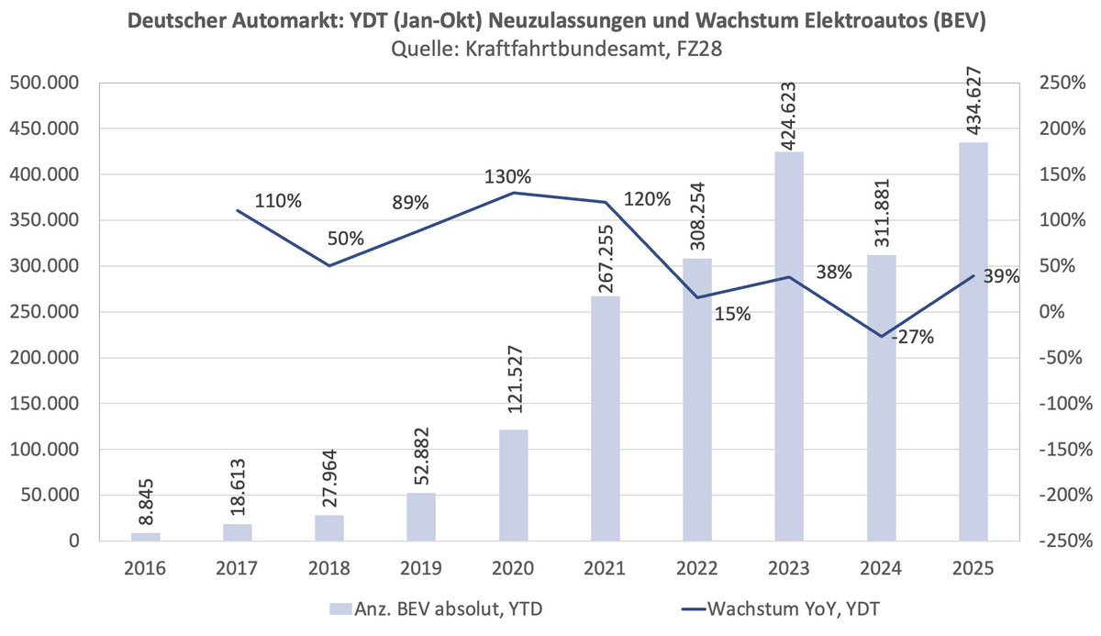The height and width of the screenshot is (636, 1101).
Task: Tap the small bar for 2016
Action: (x=145, y=537)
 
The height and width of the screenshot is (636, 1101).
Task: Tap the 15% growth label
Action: (x=731, y=315)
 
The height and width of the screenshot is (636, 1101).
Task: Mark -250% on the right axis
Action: (x=1062, y=541)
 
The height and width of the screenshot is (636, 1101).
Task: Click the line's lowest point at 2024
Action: (x=882, y=337)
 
